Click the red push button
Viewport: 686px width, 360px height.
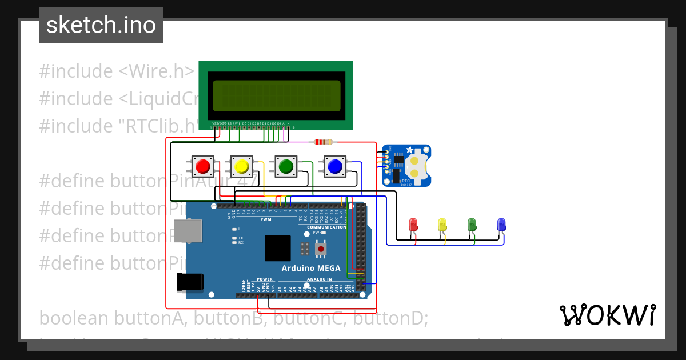pyautogui.click(x=202, y=166)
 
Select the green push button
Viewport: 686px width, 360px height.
pyautogui.click(x=285, y=166)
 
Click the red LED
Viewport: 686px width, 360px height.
pyautogui.click(x=414, y=225)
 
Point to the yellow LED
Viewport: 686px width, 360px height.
pyautogui.click(x=442, y=225)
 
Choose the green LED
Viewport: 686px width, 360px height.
pyautogui.click(x=472, y=225)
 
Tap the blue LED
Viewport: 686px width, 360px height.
pyautogui.click(x=501, y=225)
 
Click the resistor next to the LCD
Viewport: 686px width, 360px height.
pyautogui.click(x=324, y=142)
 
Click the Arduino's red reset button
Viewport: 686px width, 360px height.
pyautogui.click(x=321, y=249)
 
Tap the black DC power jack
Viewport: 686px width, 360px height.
pyautogui.click(x=190, y=282)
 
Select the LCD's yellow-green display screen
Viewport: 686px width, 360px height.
pyautogui.click(x=276, y=95)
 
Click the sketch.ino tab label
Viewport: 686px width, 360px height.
pyautogui.click(x=101, y=25)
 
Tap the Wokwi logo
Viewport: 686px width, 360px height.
pyautogui.click(x=607, y=315)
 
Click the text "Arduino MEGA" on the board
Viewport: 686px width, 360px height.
pyautogui.click(x=310, y=268)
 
